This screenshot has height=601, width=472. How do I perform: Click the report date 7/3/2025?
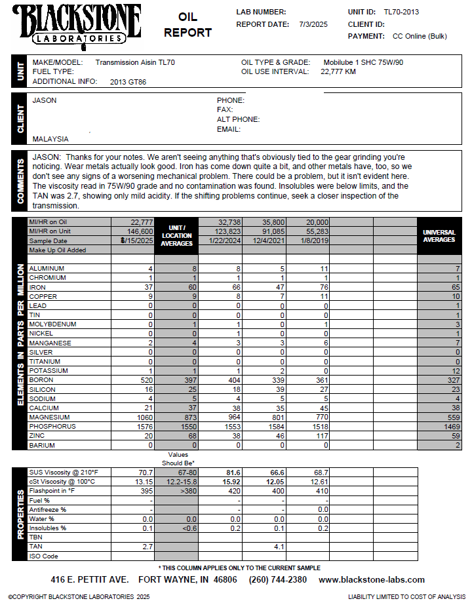(x=313, y=24)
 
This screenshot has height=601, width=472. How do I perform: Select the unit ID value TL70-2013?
(x=401, y=12)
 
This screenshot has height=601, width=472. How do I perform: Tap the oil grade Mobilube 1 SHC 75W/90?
(x=363, y=62)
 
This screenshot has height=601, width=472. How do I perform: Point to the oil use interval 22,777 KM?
(x=338, y=71)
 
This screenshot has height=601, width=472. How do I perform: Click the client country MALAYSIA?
(x=50, y=139)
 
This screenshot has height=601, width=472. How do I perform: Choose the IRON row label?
(x=37, y=287)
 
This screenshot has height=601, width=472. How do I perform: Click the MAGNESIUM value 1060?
(x=144, y=417)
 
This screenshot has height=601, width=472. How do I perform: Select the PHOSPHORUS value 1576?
(x=144, y=427)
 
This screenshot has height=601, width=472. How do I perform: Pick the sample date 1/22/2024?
(x=220, y=241)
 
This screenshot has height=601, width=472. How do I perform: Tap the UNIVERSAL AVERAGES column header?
(x=439, y=236)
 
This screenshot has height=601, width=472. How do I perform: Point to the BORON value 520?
(x=146, y=380)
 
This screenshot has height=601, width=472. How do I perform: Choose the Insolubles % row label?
(x=48, y=528)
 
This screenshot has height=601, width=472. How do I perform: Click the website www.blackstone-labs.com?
(x=371, y=580)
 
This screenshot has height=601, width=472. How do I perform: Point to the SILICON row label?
(x=41, y=389)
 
